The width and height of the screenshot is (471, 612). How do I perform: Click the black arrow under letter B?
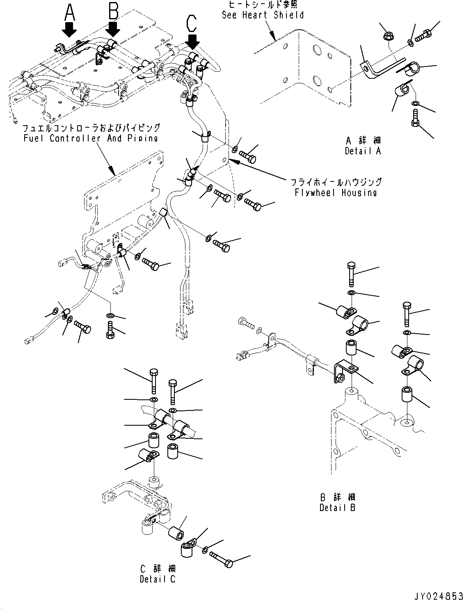pos(113,29)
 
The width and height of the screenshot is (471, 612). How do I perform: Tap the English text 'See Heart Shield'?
pos(263,15)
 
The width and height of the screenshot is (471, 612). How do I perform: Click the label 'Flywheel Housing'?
pos(336,193)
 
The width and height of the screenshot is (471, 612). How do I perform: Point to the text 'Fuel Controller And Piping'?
pos(91,138)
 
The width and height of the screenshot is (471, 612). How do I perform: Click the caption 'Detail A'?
pos(363,151)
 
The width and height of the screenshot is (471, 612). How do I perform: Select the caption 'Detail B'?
pos(338,508)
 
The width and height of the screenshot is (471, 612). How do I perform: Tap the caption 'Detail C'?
pos(158,579)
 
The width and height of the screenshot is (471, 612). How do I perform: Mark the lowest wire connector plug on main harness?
pos(180,330)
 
